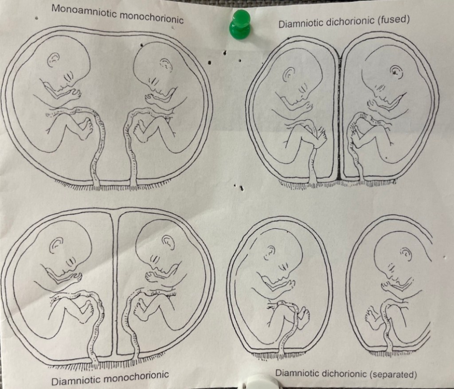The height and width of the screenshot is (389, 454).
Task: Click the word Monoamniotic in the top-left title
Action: click(84, 12)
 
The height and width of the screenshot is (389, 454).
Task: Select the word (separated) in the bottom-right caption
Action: click(393, 374)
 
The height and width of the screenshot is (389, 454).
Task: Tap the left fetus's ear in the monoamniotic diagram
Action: click(53, 59)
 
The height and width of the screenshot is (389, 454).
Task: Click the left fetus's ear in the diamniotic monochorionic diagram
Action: click(56, 245)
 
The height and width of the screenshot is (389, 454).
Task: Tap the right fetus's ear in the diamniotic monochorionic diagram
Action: click(168, 242)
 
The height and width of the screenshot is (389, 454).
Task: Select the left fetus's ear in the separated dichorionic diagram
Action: click(270, 253)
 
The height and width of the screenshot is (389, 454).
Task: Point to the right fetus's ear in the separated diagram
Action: click(406, 255)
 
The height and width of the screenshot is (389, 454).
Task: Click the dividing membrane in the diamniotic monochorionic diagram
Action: click(115, 284)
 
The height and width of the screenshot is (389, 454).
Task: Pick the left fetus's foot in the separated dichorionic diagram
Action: click(303, 317)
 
